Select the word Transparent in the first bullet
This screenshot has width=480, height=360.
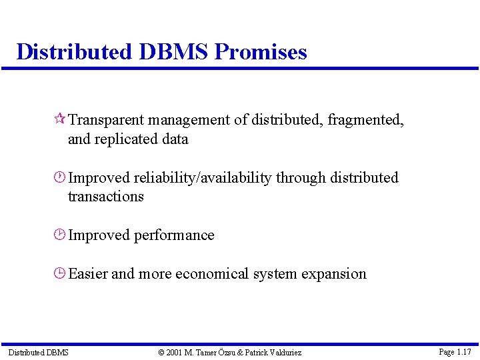[106, 120]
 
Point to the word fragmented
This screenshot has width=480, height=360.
[365, 120]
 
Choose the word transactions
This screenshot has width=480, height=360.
[105, 197]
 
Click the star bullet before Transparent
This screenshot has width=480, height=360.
[59, 120]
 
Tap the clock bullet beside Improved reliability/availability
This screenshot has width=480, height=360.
[59, 178]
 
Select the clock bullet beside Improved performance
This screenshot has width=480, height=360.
[59, 235]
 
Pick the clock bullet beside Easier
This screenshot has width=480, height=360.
[59, 274]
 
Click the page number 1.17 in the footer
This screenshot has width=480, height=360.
[464, 351]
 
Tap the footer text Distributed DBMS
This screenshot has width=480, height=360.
[38, 352]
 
